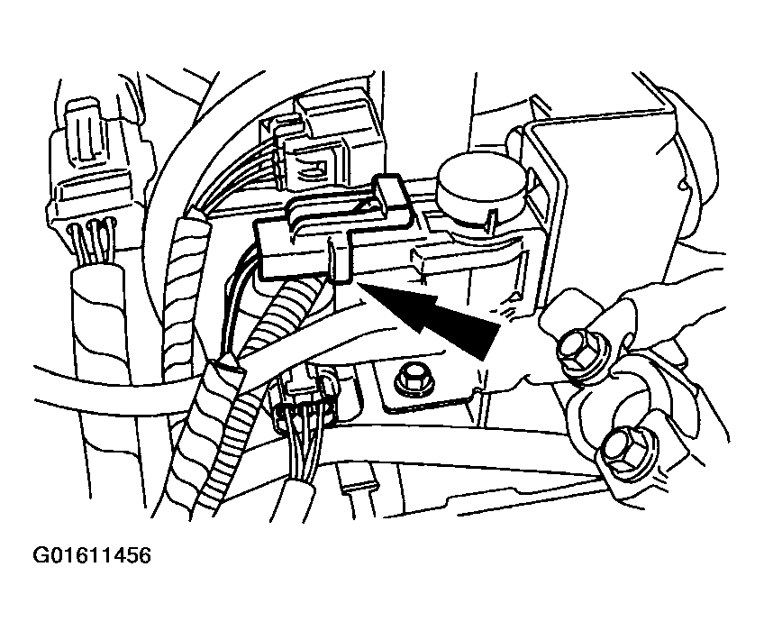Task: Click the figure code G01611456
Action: (x=92, y=555)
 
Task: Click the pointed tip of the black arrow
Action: (x=359, y=283)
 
